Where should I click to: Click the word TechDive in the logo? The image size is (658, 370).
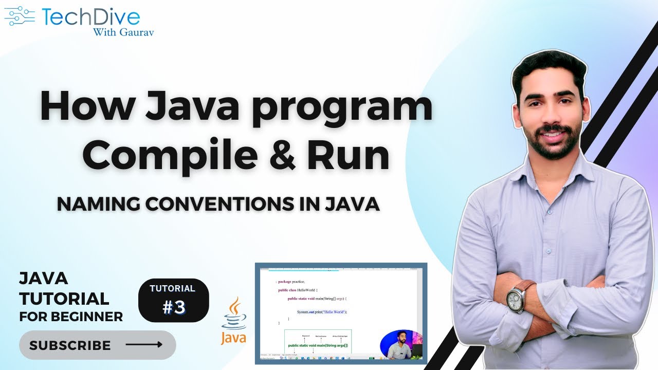pyautogui.click(x=91, y=17)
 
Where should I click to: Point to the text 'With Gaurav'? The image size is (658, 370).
pyautogui.click(x=123, y=32)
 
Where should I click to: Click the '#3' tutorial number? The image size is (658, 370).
pyautogui.click(x=173, y=307)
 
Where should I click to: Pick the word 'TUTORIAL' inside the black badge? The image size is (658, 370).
pyautogui.click(x=173, y=288)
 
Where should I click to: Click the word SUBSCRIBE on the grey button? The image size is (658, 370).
pyautogui.click(x=70, y=345)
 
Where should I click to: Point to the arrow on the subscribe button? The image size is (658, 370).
pyautogui.click(x=144, y=344)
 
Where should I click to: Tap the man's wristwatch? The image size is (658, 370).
pyautogui.click(x=515, y=299)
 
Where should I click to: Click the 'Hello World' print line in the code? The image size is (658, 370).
pyautogui.click(x=322, y=312)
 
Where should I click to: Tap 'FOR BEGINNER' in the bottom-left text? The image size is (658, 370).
pyautogui.click(x=71, y=316)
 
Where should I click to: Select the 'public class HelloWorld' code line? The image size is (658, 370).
pyautogui.click(x=298, y=290)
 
